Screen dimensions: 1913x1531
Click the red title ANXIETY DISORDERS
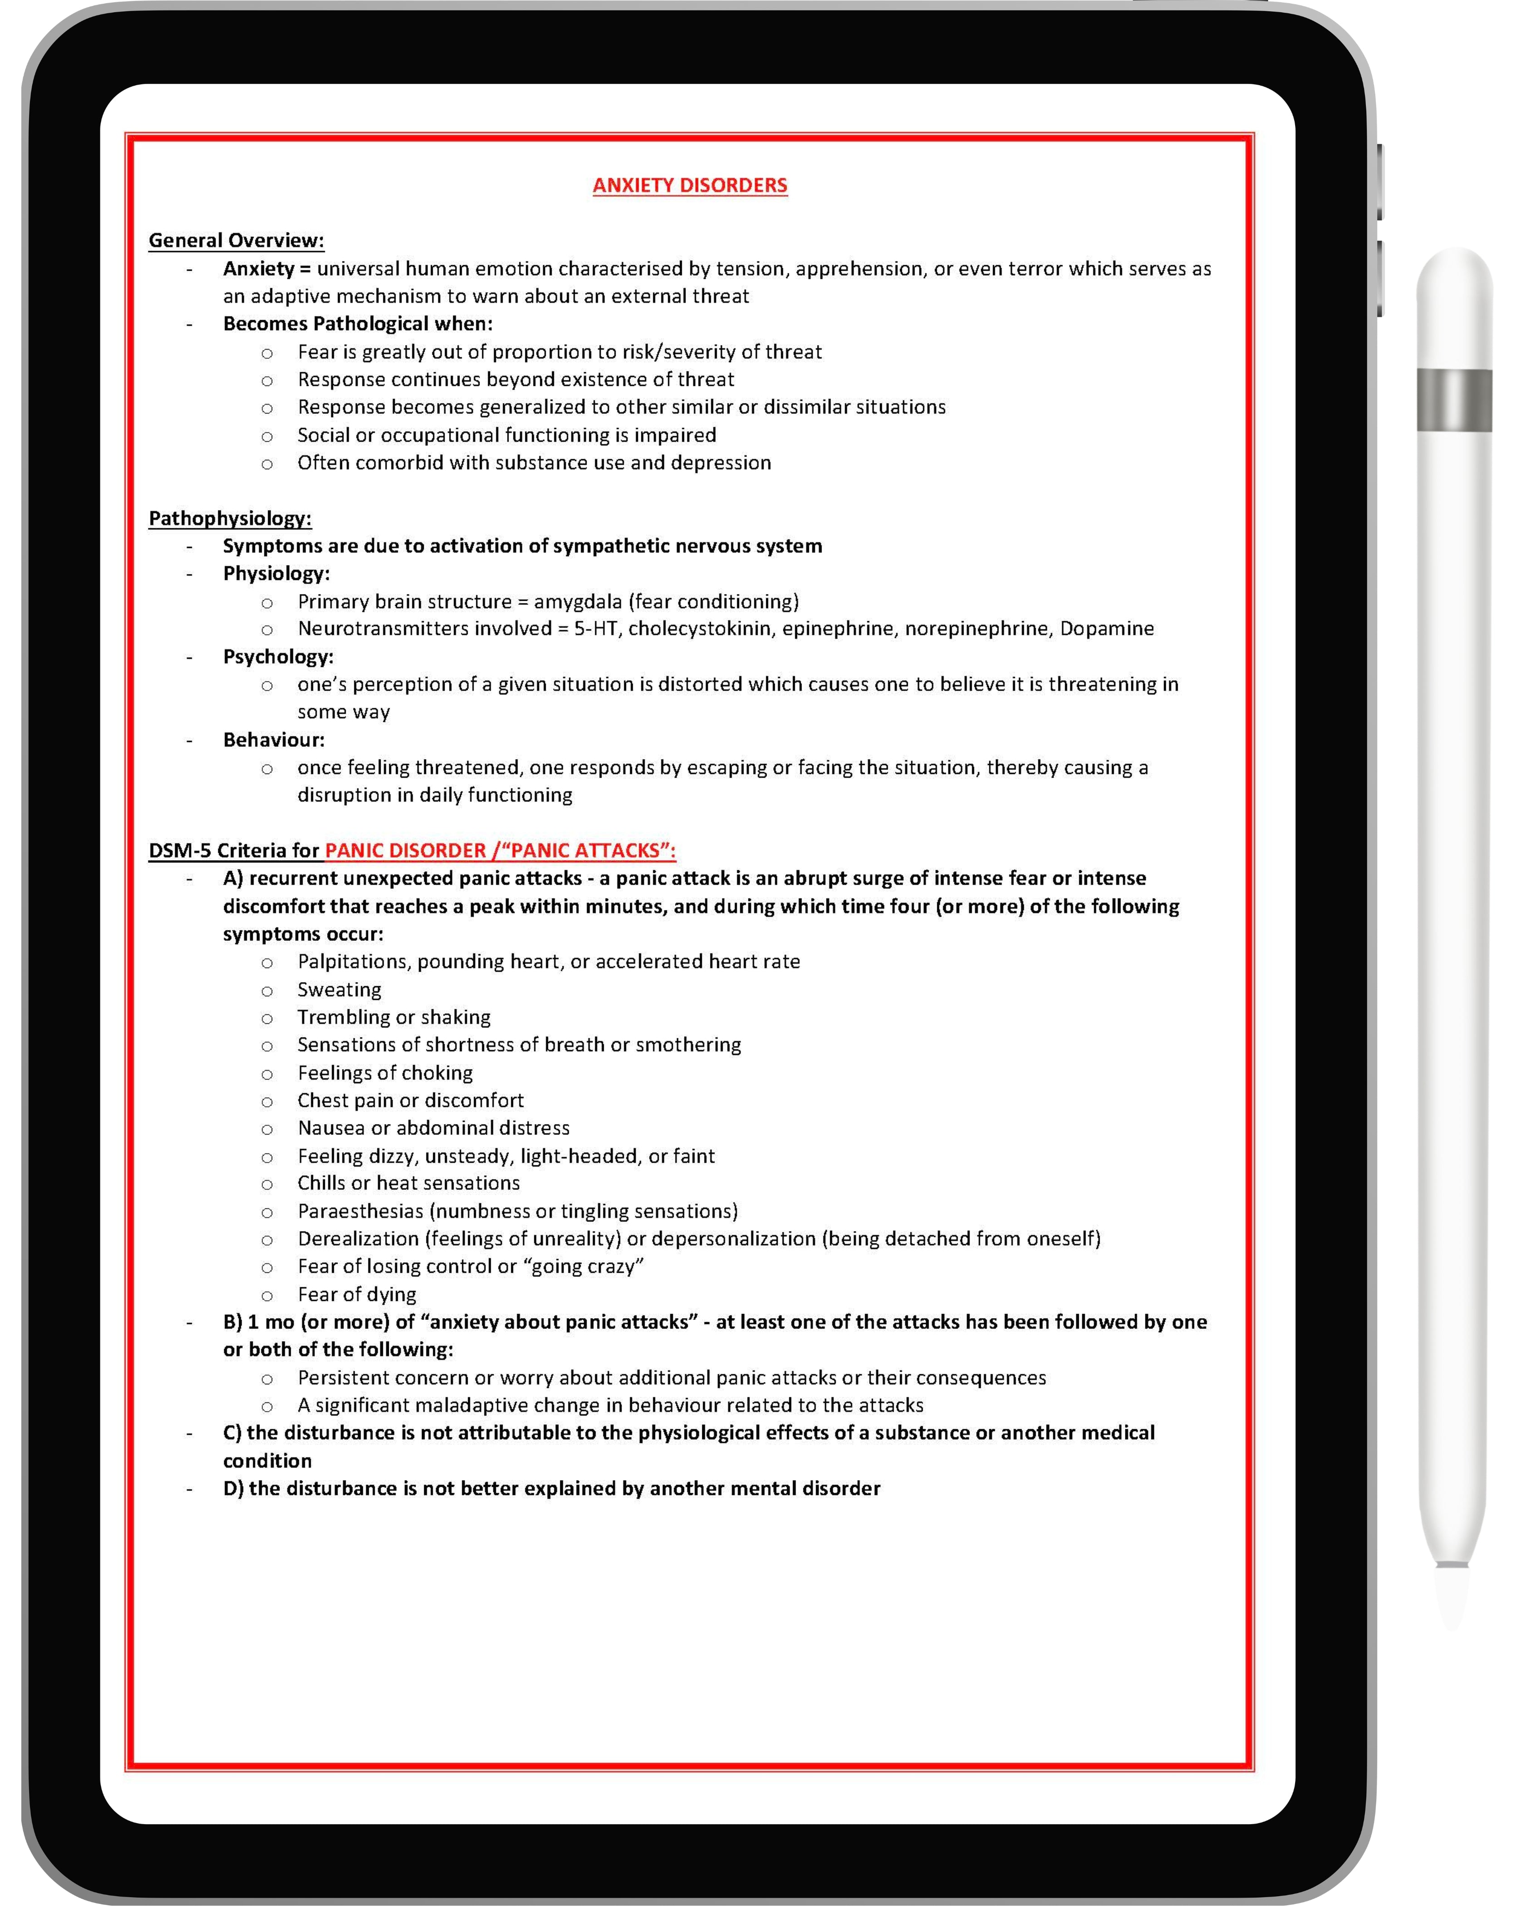tap(690, 185)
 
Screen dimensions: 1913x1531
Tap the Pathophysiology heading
tap(230, 518)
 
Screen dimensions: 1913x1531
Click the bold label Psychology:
tap(278, 657)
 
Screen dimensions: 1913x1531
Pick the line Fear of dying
tap(357, 1295)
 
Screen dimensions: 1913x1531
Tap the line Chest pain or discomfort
tap(410, 1100)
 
